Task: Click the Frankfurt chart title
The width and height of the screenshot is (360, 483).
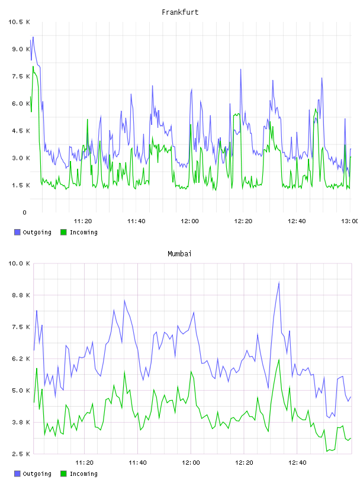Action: tap(180, 12)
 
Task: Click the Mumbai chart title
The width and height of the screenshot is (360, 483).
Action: tap(179, 254)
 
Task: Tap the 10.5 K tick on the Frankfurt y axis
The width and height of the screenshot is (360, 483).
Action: tap(19, 22)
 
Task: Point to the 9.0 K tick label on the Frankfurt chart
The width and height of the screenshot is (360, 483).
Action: tap(21, 49)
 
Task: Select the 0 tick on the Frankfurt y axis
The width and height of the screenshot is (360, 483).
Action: tap(24, 212)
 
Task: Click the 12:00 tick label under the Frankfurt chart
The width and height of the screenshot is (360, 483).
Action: tap(189, 221)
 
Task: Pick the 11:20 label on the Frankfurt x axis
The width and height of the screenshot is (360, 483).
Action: tap(83, 221)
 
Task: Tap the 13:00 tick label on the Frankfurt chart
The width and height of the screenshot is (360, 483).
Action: tap(350, 221)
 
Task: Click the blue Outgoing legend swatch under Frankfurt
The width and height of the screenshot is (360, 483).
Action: tap(17, 232)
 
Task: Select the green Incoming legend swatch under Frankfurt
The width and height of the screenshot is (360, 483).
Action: tap(63, 232)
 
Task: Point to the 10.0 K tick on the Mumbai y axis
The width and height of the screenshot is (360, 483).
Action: tap(19, 263)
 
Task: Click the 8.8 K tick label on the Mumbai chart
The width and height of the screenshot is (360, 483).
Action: tap(21, 295)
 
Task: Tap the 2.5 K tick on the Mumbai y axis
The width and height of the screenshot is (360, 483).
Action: tap(21, 454)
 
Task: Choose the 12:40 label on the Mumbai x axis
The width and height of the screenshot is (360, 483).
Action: tap(297, 463)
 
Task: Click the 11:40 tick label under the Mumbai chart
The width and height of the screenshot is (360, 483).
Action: tap(137, 463)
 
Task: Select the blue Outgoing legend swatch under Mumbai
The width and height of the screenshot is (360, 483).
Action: tap(17, 474)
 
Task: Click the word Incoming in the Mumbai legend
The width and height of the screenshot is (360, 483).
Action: tap(83, 474)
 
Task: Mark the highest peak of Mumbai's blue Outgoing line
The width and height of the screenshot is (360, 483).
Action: tap(279, 282)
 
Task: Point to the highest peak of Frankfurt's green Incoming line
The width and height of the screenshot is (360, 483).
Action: tap(33, 66)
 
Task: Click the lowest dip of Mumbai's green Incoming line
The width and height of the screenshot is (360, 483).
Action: tap(327, 451)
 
